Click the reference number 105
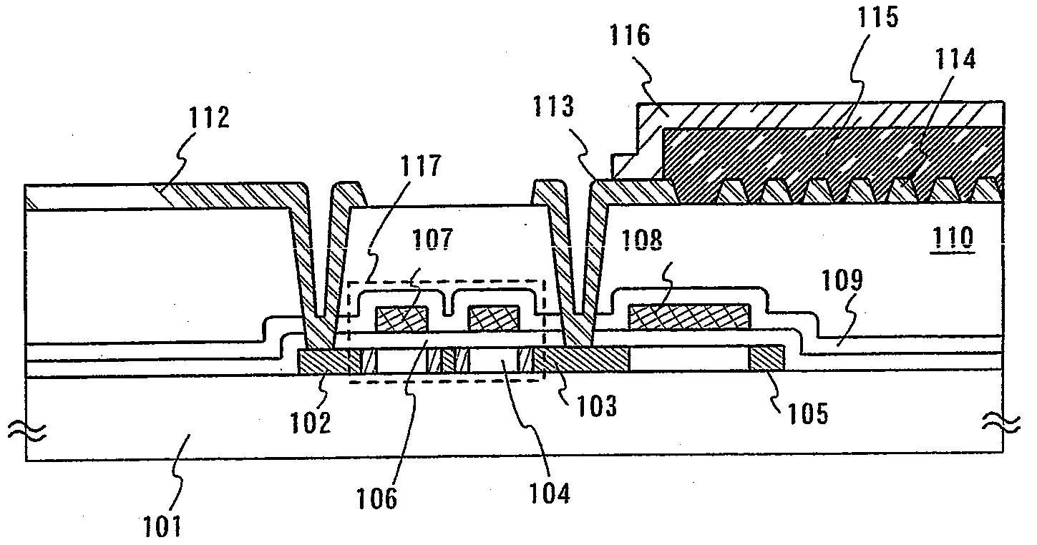tap(808, 413)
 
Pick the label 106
tap(378, 498)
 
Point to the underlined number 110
tap(953, 237)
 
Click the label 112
tap(209, 117)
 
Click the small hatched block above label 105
tap(766, 358)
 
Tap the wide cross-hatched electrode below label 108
tap(689, 316)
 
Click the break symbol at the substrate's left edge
tap(26, 429)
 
